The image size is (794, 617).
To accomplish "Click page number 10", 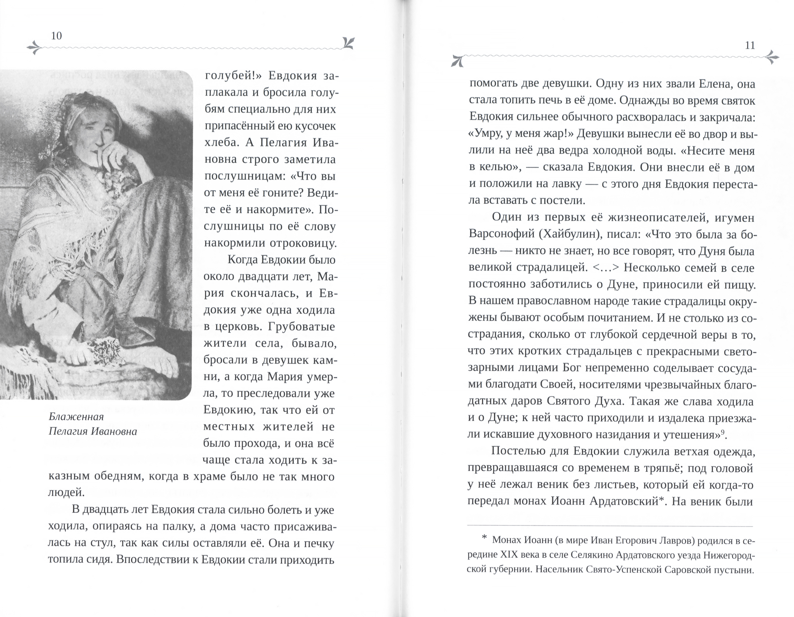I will click(x=57, y=36).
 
